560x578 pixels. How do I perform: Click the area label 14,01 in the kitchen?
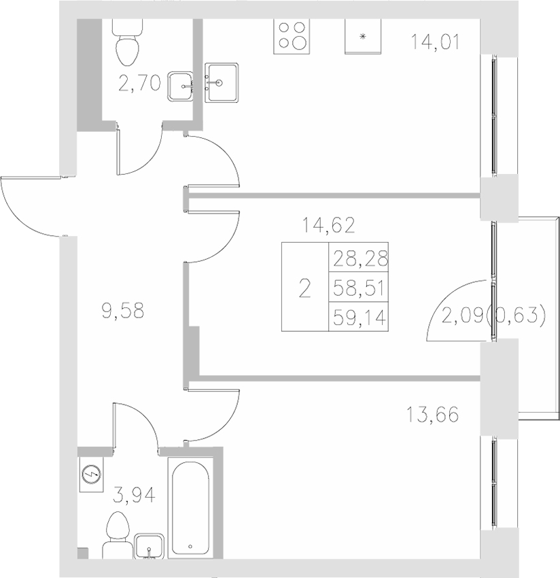pos(436,43)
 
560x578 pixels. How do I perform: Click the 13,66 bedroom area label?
pos(432,413)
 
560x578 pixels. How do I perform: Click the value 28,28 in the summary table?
pos(358,258)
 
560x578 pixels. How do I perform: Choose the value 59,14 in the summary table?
pos(358,318)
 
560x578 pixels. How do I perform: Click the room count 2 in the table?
pos(304,288)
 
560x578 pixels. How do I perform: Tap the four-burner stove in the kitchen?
pos(292,36)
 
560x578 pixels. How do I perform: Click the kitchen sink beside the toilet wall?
pos(222,83)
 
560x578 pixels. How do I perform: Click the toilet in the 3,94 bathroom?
pos(120,532)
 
